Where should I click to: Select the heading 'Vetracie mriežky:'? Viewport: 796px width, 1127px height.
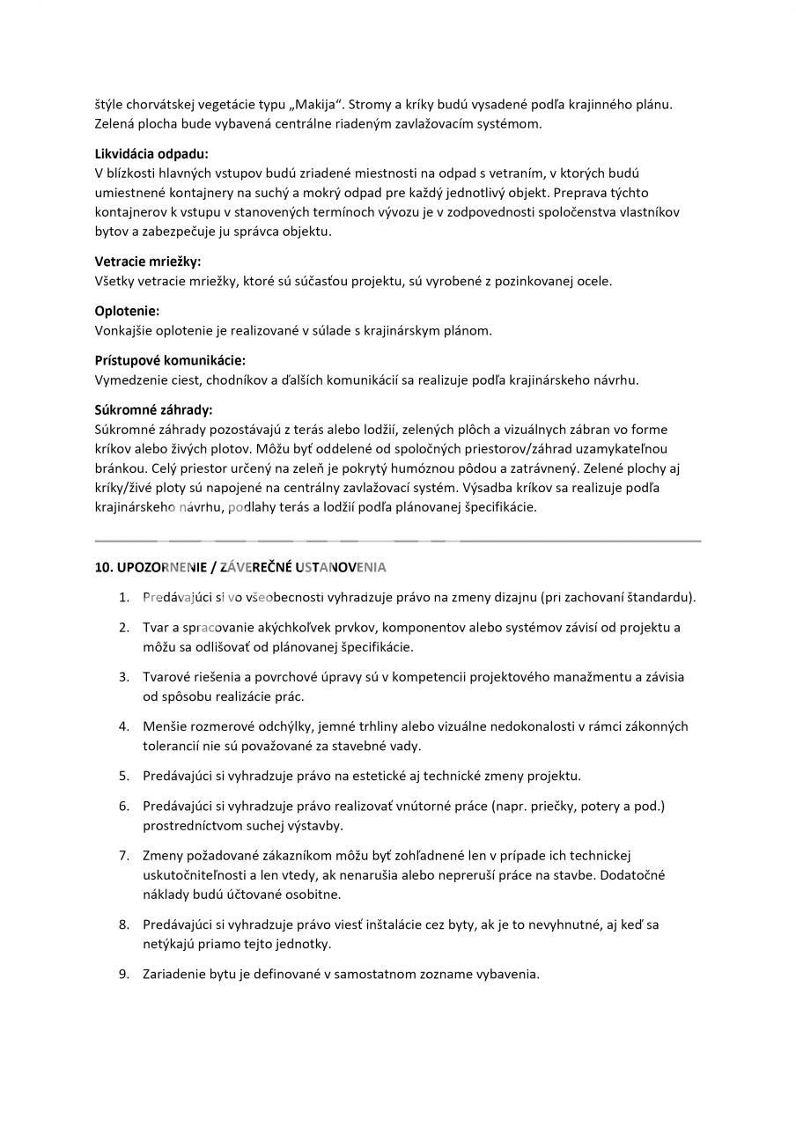tap(147, 261)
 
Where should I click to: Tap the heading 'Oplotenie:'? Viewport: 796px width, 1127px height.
tap(127, 311)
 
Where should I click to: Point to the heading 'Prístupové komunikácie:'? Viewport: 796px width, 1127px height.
tap(170, 360)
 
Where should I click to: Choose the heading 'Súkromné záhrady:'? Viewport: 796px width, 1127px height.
tap(153, 409)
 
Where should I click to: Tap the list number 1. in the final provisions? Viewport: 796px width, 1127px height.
tap(124, 597)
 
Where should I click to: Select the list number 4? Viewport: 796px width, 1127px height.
tap(124, 726)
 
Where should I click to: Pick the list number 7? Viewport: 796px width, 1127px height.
tap(124, 855)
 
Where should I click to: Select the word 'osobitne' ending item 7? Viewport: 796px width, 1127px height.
tap(313, 895)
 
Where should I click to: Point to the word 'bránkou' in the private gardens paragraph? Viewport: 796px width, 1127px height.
tap(119, 468)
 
